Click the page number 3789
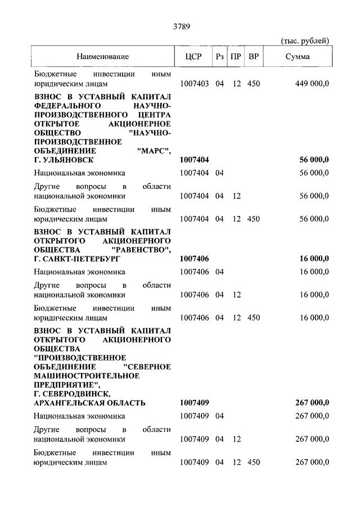pyautogui.click(x=179, y=24)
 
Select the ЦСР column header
pyautogui.click(x=193, y=57)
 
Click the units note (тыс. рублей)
pyautogui.click(x=305, y=41)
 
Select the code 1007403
pyautogui.click(x=195, y=84)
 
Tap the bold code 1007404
pyautogui.click(x=195, y=160)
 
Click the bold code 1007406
pyautogui.click(x=195, y=259)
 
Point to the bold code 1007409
pyautogui.click(x=195, y=403)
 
